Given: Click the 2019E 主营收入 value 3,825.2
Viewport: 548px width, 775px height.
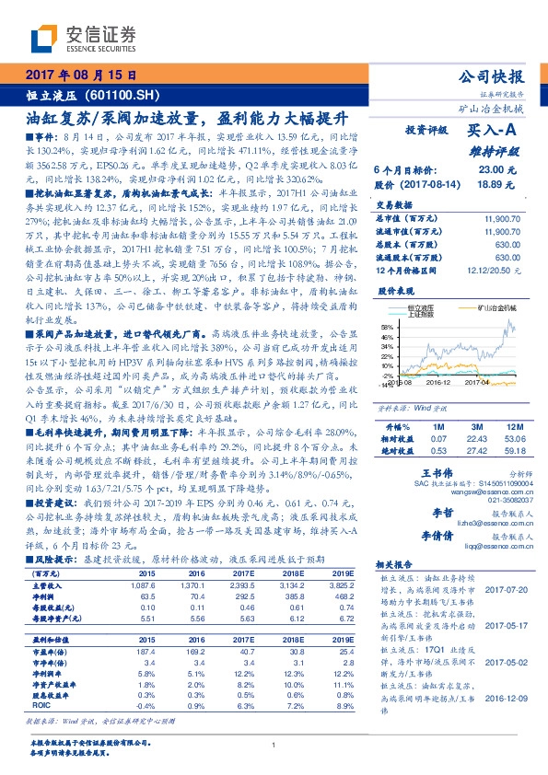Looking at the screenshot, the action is click(341, 584).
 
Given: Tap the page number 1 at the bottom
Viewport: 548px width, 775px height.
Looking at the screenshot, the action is click(274, 745).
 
